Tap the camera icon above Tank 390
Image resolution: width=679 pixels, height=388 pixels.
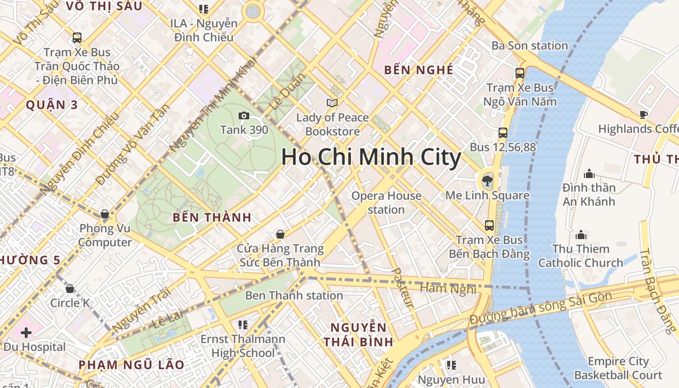click(243, 115)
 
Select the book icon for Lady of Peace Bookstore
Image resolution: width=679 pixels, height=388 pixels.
click(332, 103)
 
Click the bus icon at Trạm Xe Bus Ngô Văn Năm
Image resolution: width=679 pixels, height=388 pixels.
click(520, 73)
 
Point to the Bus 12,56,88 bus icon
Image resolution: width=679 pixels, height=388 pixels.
click(503, 132)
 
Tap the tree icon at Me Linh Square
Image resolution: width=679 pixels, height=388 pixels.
click(486, 181)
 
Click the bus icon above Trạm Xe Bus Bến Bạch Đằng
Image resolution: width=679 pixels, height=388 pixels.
click(489, 225)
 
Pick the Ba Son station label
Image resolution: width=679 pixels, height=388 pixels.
click(530, 46)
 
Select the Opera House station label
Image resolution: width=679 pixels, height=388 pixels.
click(386, 203)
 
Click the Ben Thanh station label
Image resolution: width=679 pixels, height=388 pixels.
click(294, 295)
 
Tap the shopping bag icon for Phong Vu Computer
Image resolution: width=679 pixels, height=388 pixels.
click(104, 214)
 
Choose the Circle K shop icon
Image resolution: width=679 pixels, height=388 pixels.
click(70, 289)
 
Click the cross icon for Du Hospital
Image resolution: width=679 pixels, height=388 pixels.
click(26, 333)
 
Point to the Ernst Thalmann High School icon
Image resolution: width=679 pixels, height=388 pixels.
click(243, 324)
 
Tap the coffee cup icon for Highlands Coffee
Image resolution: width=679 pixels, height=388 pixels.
click(644, 115)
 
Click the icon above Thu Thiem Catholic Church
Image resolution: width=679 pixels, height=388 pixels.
click(581, 235)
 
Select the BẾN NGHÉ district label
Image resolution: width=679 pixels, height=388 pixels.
click(419, 70)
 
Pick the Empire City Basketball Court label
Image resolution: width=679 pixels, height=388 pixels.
click(618, 368)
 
